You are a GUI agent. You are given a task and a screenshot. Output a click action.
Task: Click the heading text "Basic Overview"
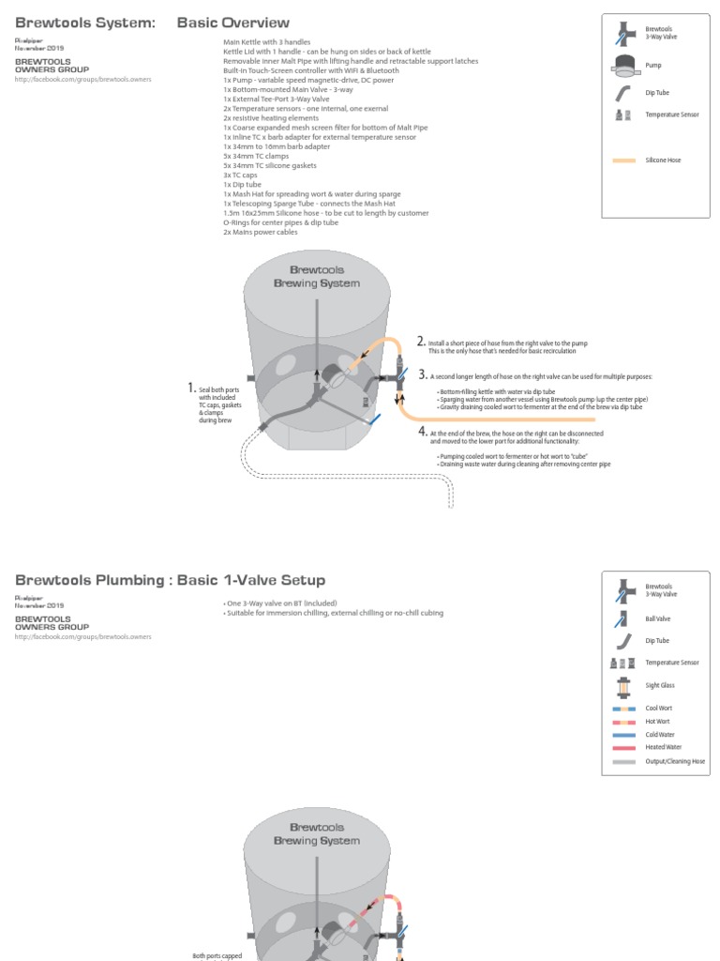coord(232,23)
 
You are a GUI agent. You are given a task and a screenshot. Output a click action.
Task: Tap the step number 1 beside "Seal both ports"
coord(191,387)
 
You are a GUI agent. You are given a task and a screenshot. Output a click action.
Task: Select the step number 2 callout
coord(421,342)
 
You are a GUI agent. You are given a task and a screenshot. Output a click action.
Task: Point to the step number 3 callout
coord(423,374)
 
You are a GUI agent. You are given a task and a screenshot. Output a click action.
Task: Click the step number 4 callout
coord(423,432)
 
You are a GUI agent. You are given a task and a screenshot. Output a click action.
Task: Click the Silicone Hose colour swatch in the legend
coord(624,160)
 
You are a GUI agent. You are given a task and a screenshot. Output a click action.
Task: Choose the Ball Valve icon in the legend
coord(622,618)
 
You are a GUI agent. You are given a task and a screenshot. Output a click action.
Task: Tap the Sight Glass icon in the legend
coord(622,686)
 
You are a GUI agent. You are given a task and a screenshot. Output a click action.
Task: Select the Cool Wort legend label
coord(658,709)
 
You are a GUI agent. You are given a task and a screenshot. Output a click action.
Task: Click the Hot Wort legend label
coord(657,722)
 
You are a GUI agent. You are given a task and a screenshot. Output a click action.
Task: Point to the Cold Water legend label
coord(659,735)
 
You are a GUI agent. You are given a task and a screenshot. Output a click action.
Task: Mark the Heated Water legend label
coord(662,748)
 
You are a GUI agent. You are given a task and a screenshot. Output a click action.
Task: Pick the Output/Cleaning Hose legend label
coord(675,761)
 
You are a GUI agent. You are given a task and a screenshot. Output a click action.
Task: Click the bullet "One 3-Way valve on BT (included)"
coord(280,603)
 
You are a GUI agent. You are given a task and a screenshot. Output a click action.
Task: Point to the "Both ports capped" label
coord(217,955)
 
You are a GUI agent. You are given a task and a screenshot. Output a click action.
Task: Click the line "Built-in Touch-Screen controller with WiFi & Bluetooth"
coord(311,70)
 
